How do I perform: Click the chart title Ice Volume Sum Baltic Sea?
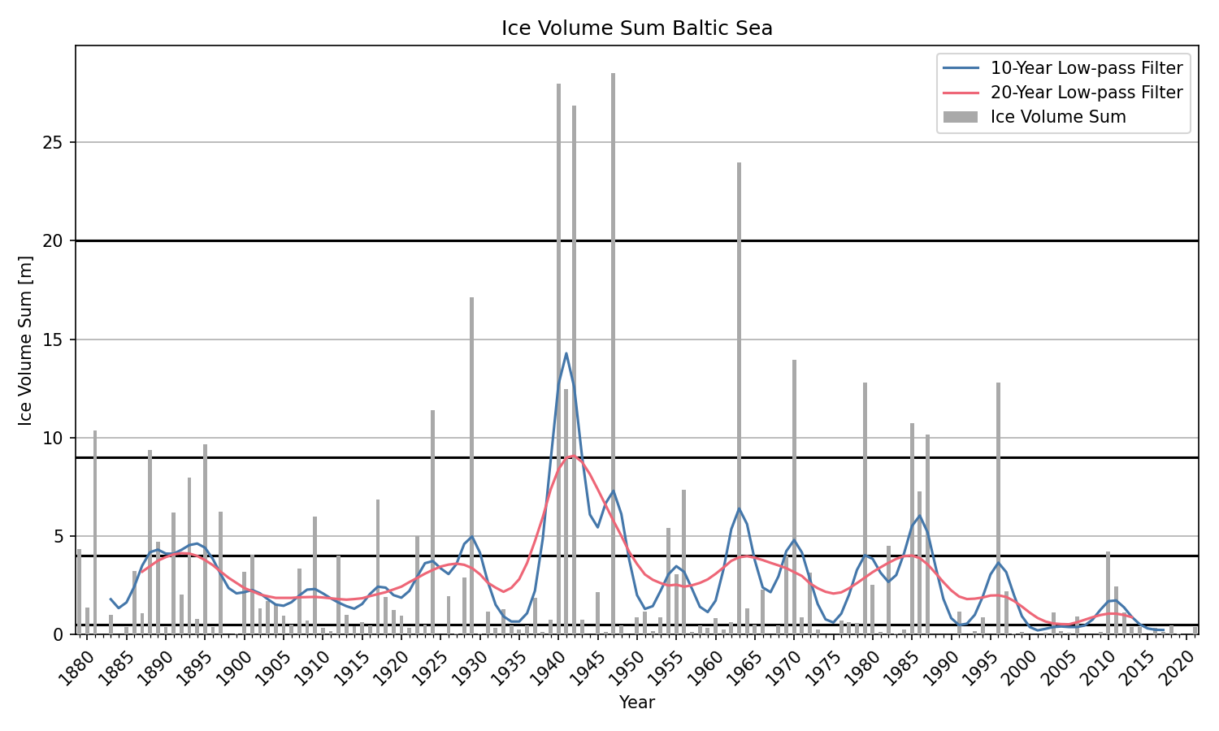tap(636, 28)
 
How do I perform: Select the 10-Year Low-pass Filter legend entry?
tap(1086, 68)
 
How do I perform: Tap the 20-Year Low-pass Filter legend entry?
tap(1086, 93)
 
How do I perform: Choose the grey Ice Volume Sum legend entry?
tap(1057, 117)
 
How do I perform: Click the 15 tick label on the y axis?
tap(54, 340)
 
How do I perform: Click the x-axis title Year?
tap(636, 703)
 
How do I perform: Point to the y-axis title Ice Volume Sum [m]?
tap(26, 340)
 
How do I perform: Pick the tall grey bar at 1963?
tap(739, 398)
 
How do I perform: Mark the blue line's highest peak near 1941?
tap(566, 353)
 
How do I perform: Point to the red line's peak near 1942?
tap(573, 456)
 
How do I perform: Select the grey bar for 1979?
tap(865, 508)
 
